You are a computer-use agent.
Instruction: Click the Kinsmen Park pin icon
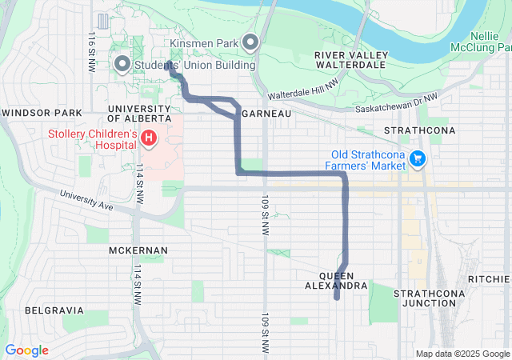click(x=250, y=42)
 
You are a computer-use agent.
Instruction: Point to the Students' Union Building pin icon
click(x=122, y=63)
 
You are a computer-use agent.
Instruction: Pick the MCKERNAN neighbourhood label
click(x=138, y=250)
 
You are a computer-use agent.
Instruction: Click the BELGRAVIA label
click(x=54, y=310)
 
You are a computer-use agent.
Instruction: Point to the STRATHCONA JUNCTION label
click(x=425, y=298)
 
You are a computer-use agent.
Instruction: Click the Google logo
click(x=26, y=350)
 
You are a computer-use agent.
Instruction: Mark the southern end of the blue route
click(x=337, y=298)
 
